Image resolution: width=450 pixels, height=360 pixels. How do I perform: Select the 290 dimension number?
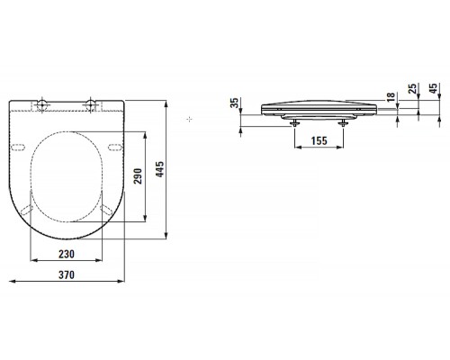coord(137,175)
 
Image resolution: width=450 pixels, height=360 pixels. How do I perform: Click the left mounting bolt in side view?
coord(295,121)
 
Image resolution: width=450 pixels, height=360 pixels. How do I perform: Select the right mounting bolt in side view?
coord(343,121)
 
